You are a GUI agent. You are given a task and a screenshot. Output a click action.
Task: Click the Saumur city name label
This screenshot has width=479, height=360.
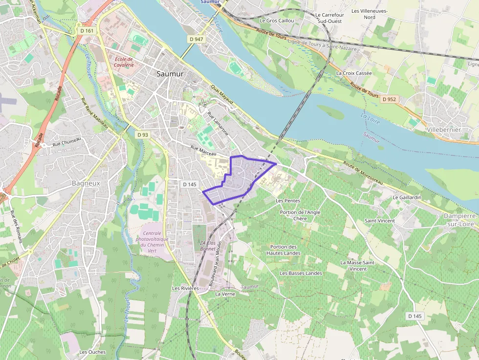(170, 74)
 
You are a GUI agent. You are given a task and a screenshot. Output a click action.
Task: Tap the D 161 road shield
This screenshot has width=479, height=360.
(87, 31)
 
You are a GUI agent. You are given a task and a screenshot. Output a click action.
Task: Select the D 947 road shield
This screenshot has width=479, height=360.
(196, 39)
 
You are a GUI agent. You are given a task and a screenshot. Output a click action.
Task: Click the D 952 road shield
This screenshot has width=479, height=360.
(389, 99)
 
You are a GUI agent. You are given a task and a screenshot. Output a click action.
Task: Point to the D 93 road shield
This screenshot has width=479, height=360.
(142, 134)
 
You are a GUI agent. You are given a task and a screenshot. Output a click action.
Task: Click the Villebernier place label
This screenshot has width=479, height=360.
(443, 130)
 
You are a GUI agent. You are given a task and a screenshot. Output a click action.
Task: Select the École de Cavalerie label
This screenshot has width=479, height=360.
(124, 62)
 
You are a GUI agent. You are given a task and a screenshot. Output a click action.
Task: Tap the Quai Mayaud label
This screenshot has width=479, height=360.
(222, 95)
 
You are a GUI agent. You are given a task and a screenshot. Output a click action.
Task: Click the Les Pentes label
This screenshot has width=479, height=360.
(288, 201)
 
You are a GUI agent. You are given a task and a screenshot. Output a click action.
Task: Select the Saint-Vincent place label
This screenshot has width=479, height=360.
(380, 221)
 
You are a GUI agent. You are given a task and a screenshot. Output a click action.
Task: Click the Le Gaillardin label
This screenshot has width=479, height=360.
(407, 197)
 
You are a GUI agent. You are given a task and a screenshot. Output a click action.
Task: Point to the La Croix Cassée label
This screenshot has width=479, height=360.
(354, 73)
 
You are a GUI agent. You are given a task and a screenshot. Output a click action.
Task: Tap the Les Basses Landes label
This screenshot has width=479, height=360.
(301, 273)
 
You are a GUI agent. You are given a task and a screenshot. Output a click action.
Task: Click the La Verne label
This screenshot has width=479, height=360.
(225, 294)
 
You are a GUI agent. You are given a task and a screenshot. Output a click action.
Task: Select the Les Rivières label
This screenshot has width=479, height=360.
(185, 288)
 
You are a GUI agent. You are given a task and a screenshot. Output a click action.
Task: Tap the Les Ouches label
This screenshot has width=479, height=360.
(92, 352)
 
